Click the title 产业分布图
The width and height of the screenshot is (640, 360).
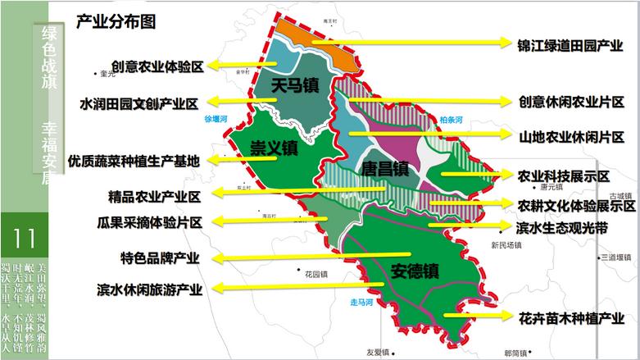[116, 22]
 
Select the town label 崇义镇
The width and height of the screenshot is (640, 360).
[274, 148]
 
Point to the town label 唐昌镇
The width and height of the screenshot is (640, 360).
[384, 170]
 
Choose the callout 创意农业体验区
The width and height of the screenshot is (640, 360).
[157, 66]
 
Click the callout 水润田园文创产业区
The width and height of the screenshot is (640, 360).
[138, 103]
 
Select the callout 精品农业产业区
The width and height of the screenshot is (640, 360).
[154, 197]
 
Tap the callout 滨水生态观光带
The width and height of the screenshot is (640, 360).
[562, 227]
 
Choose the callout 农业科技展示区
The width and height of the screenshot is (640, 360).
[564, 176]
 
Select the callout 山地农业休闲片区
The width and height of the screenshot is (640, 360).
[570, 134]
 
